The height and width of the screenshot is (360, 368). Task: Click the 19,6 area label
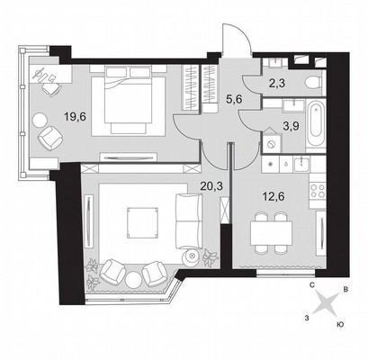[76, 116]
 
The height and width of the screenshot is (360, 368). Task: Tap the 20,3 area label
[211, 186]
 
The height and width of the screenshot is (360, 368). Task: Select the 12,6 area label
[274, 197]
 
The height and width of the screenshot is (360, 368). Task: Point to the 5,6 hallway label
[234, 100]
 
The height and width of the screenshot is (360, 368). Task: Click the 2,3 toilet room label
[277, 83]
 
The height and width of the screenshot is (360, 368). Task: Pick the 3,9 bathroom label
[291, 125]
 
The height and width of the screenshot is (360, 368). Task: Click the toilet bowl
[312, 82]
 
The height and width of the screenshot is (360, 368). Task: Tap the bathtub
[316, 124]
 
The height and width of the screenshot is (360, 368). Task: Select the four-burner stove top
[318, 191]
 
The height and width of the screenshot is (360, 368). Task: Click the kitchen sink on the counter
[301, 164]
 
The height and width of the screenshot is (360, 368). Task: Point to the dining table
[272, 233]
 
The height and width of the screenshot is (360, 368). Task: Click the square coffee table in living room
[142, 222]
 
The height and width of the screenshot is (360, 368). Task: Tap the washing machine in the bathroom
[273, 143]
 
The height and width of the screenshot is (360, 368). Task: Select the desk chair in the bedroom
[50, 89]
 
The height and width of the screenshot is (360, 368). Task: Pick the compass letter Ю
[340, 324]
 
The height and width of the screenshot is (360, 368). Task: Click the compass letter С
[312, 285]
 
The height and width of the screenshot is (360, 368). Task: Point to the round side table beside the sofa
[192, 256]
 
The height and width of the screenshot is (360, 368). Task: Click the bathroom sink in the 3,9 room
[293, 106]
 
